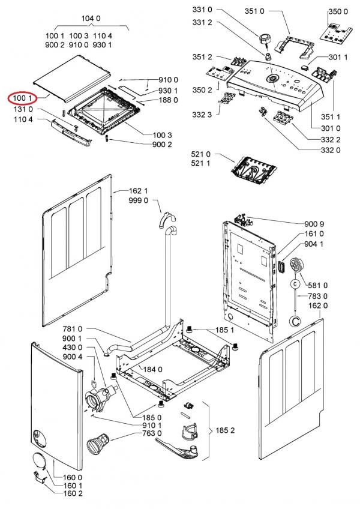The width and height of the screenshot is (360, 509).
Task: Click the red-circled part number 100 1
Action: (x=22, y=97)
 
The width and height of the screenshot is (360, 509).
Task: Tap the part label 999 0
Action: (x=138, y=200)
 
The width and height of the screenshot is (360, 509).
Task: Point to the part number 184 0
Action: (x=152, y=369)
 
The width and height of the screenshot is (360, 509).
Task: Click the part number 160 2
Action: (x=73, y=493)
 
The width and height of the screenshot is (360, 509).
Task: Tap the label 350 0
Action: (x=338, y=11)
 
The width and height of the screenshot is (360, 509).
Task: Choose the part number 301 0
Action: (x=331, y=128)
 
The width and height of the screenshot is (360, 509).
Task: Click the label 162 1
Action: (x=138, y=191)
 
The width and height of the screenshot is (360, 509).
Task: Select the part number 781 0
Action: (x=72, y=329)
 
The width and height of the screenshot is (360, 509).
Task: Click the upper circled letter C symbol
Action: (x=295, y=283)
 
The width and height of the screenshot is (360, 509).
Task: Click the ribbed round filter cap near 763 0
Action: (x=95, y=445)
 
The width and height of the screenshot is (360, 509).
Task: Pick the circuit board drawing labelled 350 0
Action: (x=335, y=34)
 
